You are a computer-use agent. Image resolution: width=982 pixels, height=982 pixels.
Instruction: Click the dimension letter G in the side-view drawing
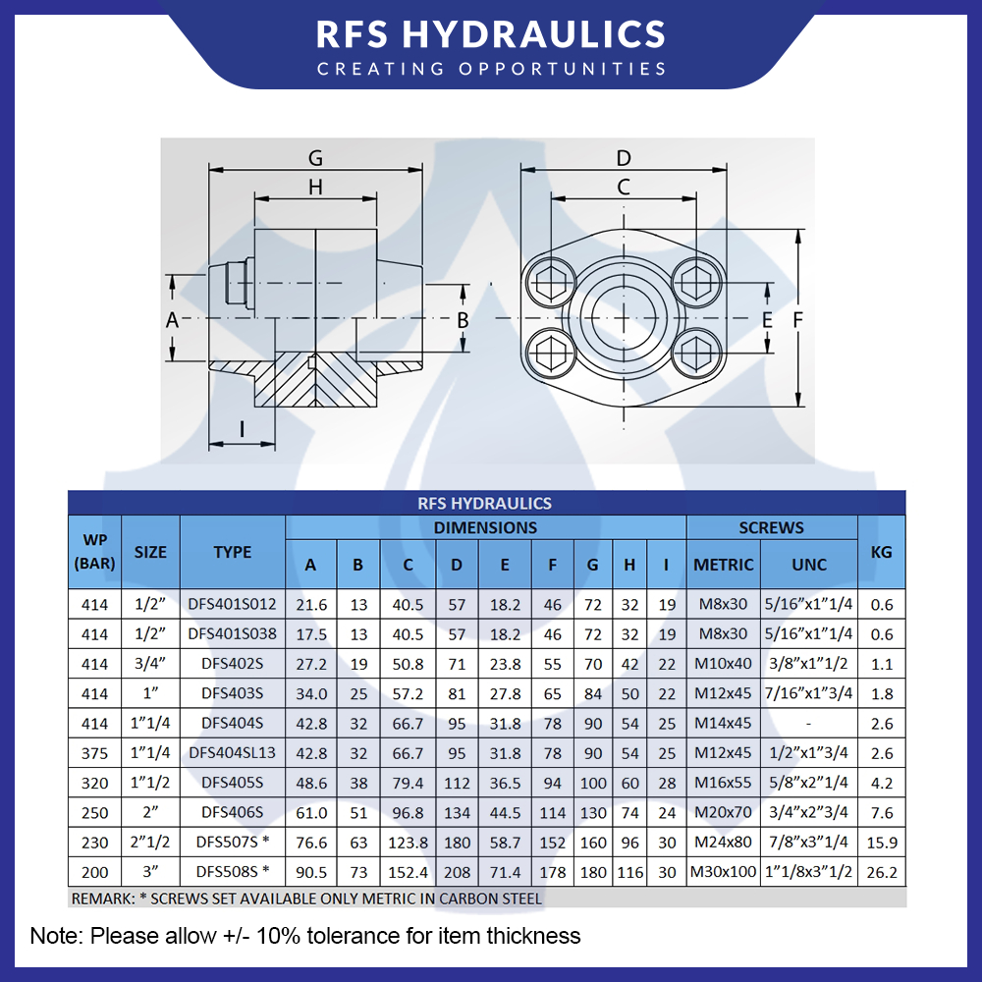(315, 157)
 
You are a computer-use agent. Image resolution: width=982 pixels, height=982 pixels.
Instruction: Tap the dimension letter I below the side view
(242, 429)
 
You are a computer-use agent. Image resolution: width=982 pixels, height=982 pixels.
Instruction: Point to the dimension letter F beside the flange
(797, 320)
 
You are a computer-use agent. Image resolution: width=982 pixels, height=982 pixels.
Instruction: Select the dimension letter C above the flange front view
(624, 187)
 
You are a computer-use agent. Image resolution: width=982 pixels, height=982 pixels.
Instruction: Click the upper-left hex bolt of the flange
(551, 282)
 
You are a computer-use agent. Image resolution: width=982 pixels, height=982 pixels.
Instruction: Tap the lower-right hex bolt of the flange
(696, 352)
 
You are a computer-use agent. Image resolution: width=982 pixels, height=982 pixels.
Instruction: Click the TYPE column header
(233, 552)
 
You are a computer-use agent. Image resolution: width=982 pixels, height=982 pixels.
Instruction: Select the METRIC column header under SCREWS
(724, 565)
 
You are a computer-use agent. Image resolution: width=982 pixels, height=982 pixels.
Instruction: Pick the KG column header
(881, 552)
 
